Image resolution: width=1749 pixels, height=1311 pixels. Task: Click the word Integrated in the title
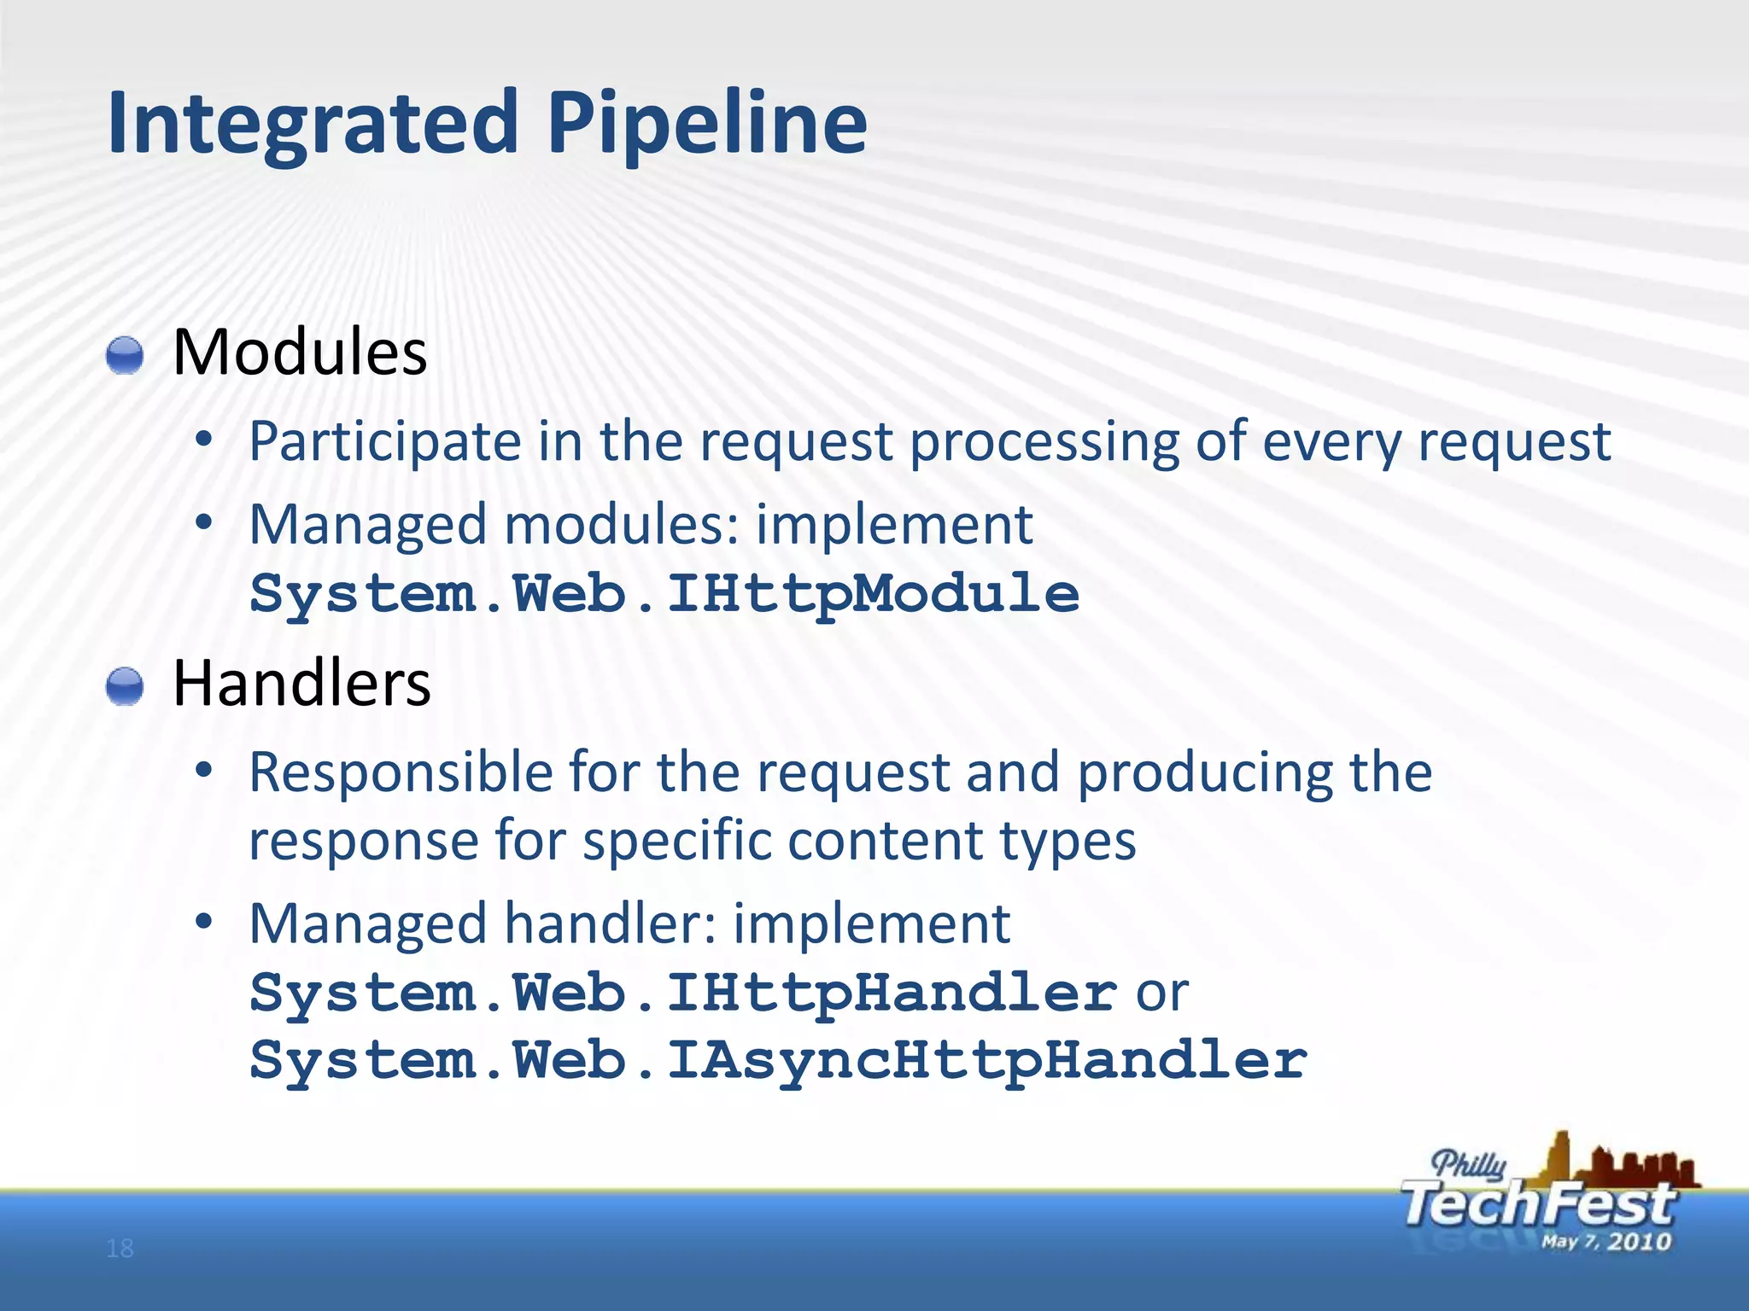click(x=313, y=124)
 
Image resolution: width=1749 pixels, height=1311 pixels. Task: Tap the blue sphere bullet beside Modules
click(x=125, y=355)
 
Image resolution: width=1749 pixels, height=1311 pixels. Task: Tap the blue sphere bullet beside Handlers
click(x=125, y=687)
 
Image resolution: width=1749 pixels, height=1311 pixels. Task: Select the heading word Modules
click(x=300, y=353)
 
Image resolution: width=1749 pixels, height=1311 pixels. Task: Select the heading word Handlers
click(x=301, y=684)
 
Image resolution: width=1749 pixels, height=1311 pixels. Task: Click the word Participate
click(x=385, y=442)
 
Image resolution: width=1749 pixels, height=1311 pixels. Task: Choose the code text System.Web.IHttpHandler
click(x=683, y=993)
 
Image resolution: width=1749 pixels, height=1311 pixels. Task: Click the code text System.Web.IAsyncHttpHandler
click(x=777, y=1060)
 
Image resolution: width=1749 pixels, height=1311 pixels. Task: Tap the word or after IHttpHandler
click(x=1162, y=993)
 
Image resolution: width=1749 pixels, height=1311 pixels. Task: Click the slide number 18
click(x=120, y=1249)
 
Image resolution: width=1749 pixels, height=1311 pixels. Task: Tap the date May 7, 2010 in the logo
click(x=1606, y=1242)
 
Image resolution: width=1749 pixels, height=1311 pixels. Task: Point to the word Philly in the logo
click(x=1469, y=1164)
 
